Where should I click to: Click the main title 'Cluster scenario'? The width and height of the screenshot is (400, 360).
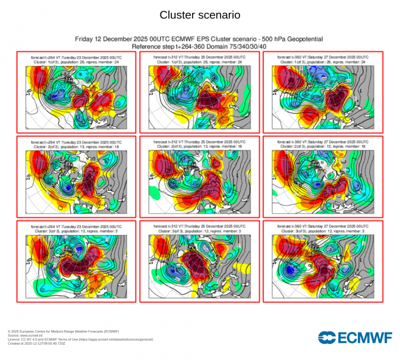coord(199,14)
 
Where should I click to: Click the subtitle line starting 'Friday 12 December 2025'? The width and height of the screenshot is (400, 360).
coord(199,39)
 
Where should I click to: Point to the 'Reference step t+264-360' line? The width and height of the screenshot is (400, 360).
coord(199,46)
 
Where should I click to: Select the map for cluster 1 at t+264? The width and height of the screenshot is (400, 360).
coord(77,96)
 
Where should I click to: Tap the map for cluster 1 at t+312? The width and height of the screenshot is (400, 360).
coord(199,96)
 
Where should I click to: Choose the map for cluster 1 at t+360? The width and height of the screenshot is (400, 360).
coord(322,96)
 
